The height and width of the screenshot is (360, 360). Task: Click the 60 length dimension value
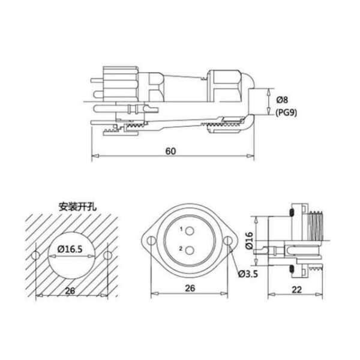point(170,151)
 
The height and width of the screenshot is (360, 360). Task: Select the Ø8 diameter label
point(282,100)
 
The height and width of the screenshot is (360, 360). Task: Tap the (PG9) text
point(286,113)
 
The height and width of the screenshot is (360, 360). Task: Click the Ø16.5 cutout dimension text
point(70,249)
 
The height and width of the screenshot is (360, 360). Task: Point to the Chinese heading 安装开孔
point(78,206)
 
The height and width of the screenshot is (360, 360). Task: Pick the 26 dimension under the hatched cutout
point(70,291)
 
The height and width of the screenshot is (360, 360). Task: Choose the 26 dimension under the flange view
point(190,289)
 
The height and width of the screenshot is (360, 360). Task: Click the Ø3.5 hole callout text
point(248,274)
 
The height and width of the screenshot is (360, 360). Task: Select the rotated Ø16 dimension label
point(249,241)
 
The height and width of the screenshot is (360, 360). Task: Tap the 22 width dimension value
point(296,290)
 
